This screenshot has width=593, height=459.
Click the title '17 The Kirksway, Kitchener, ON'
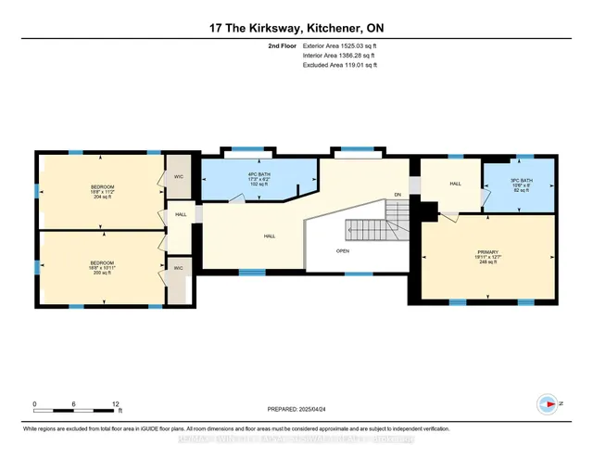[x=296, y=27]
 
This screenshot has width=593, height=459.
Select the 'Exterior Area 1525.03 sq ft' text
[x=341, y=45]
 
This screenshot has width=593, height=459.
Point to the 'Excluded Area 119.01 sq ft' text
[x=340, y=65]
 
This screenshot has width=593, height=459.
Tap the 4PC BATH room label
[x=246, y=179]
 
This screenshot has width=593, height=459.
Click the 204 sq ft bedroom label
[x=102, y=192]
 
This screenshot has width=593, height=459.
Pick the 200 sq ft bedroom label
[x=102, y=267]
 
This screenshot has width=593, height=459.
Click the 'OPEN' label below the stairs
[x=343, y=251]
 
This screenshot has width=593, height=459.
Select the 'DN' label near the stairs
[x=396, y=194]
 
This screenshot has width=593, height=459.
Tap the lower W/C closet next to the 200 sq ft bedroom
[x=178, y=268]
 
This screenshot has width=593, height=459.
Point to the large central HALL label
[x=269, y=236]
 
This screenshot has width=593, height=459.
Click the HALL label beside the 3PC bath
[x=455, y=184]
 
